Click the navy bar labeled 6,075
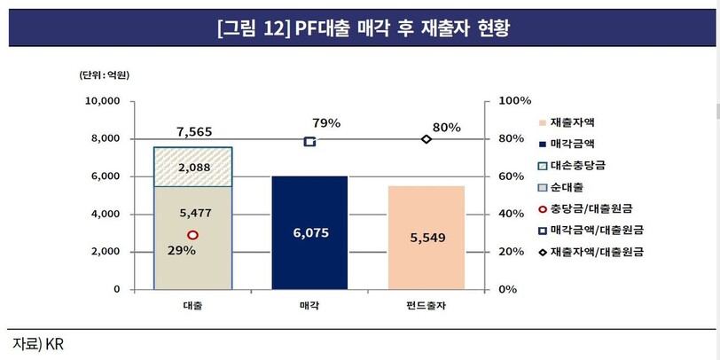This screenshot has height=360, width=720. pyautogui.click(x=309, y=232)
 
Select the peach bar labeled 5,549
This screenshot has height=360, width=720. pyautogui.click(x=426, y=238)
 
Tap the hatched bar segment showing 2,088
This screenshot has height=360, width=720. pyautogui.click(x=192, y=167)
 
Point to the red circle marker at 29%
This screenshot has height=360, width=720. pyautogui.click(x=192, y=235)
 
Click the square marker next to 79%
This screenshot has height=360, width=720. pyautogui.click(x=309, y=142)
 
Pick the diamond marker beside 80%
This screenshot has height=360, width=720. pyautogui.click(x=426, y=139)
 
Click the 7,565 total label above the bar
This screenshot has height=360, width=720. pyautogui.click(x=193, y=131)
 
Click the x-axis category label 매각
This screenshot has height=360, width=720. pyautogui.click(x=309, y=306)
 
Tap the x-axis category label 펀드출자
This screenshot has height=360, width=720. pyautogui.click(x=426, y=306)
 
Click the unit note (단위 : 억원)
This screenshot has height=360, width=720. pyautogui.click(x=105, y=75)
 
